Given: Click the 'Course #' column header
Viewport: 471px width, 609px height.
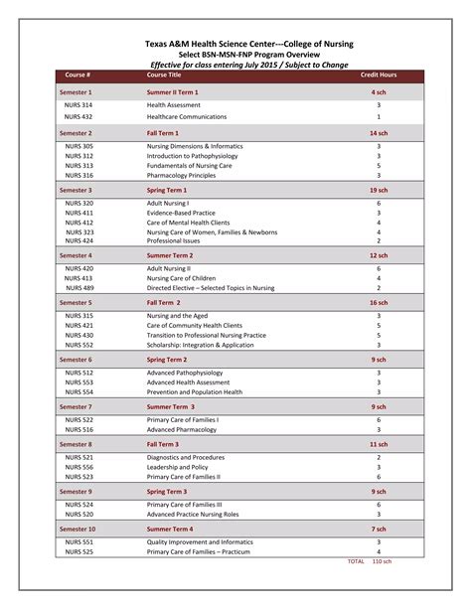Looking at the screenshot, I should tap(78, 75).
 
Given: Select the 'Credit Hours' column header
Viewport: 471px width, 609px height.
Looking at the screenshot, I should tap(379, 75).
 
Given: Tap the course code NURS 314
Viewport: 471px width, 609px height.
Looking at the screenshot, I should tap(79, 104).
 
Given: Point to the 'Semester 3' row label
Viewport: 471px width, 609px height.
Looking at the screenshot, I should tap(76, 189).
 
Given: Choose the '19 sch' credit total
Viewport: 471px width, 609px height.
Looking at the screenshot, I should tap(379, 189).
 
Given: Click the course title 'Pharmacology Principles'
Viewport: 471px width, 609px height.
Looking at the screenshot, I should tap(181, 175).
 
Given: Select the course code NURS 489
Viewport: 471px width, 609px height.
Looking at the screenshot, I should tap(79, 288).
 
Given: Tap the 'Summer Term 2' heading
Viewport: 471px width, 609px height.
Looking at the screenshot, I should tap(170, 254).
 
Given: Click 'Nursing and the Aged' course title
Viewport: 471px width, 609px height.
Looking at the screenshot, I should tap(178, 316).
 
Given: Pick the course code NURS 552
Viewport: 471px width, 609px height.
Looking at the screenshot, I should tap(79, 345).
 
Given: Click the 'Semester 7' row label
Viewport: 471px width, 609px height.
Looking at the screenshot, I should tap(76, 406).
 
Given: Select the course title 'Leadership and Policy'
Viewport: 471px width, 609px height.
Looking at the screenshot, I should tap(178, 467).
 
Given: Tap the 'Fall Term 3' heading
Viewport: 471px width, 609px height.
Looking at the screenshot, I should tap(163, 444).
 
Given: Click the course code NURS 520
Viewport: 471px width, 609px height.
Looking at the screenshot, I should tap(79, 515).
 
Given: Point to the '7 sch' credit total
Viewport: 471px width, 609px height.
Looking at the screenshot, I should tap(379, 529).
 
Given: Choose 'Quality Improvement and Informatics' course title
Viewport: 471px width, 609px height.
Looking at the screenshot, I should tap(200, 542).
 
